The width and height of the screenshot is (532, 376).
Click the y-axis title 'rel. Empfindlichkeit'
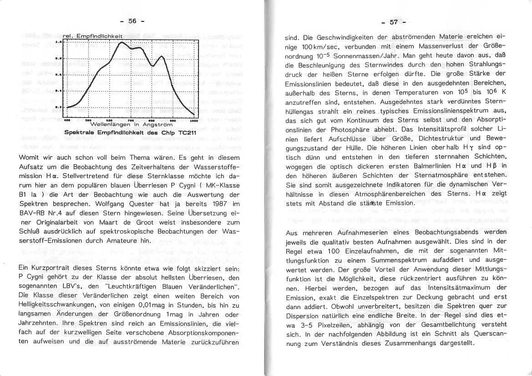pos(93,36)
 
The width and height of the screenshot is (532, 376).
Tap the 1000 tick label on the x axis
pos(193,120)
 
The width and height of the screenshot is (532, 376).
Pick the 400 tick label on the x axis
pos(67,120)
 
